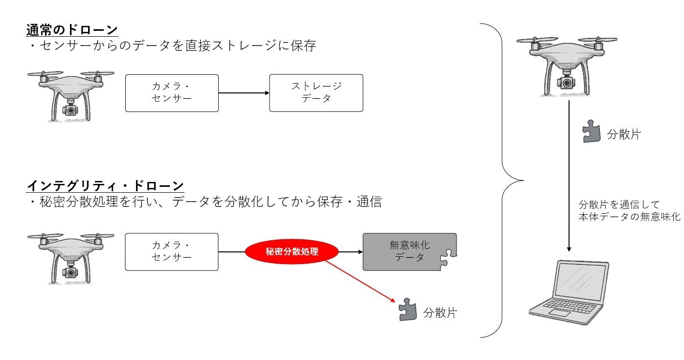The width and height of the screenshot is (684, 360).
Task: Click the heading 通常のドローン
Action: [72, 30]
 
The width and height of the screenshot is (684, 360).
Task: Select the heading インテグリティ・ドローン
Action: [105, 186]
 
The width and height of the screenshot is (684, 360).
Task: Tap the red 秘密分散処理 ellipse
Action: [292, 252]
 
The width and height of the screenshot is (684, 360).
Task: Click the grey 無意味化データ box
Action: [410, 251]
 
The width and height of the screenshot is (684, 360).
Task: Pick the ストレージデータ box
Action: [316, 92]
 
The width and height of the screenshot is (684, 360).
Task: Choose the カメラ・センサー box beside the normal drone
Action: [172, 92]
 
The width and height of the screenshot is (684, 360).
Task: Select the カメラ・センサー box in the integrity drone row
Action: [172, 251]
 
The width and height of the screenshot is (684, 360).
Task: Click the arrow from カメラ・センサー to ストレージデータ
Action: [244, 93]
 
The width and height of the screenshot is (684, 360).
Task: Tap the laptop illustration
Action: [569, 292]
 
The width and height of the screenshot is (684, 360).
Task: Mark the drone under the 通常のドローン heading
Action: [71, 95]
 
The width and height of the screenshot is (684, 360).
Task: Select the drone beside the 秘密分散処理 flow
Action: [71, 257]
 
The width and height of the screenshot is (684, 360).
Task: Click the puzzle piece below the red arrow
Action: [407, 309]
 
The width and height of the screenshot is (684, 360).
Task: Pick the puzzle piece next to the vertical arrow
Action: [592, 132]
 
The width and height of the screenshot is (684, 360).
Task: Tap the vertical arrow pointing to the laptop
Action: [569, 176]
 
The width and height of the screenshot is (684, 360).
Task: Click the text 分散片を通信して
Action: [619, 204]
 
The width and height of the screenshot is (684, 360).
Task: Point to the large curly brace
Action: [504, 180]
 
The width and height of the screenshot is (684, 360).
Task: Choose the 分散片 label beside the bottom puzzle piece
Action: [440, 313]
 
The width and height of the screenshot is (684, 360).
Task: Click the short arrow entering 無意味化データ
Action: [350, 252]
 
